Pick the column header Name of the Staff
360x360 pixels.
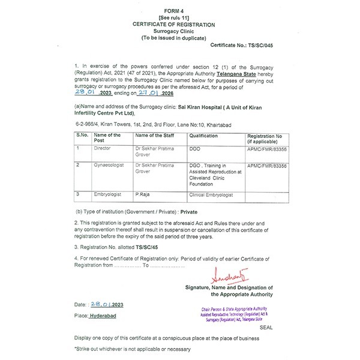tap(157, 136)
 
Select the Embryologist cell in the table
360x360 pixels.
tap(107, 195)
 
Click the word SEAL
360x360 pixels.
tap(266, 328)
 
